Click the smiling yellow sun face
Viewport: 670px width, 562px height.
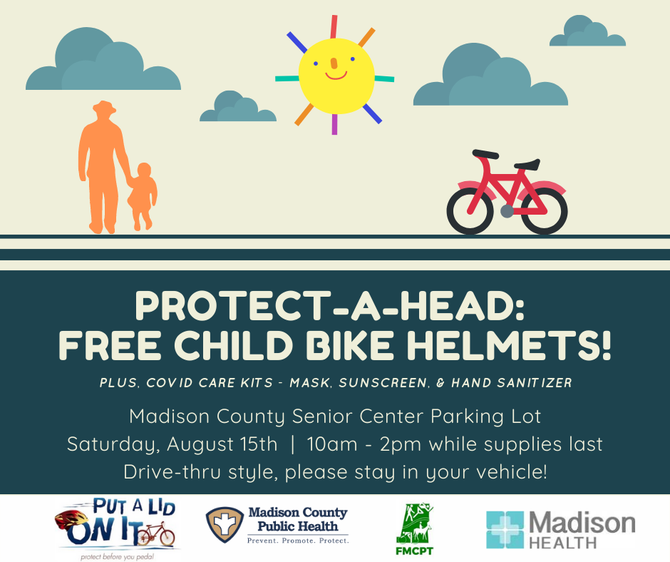[336, 76]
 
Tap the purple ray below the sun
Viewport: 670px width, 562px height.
[334, 125]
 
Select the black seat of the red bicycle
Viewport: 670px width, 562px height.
[527, 164]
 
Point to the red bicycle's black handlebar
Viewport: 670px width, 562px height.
[485, 154]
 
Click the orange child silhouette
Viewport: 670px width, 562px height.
[143, 196]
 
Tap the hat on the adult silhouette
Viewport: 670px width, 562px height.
[104, 107]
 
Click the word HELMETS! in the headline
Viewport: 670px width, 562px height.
[508, 346]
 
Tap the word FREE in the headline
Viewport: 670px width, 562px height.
[110, 346]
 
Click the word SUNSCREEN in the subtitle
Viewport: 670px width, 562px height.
[383, 383]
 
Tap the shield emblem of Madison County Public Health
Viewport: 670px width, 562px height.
[225, 525]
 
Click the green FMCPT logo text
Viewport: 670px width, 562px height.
[415, 551]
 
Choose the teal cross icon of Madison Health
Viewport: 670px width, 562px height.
[505, 529]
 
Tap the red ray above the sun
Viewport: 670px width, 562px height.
[334, 26]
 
